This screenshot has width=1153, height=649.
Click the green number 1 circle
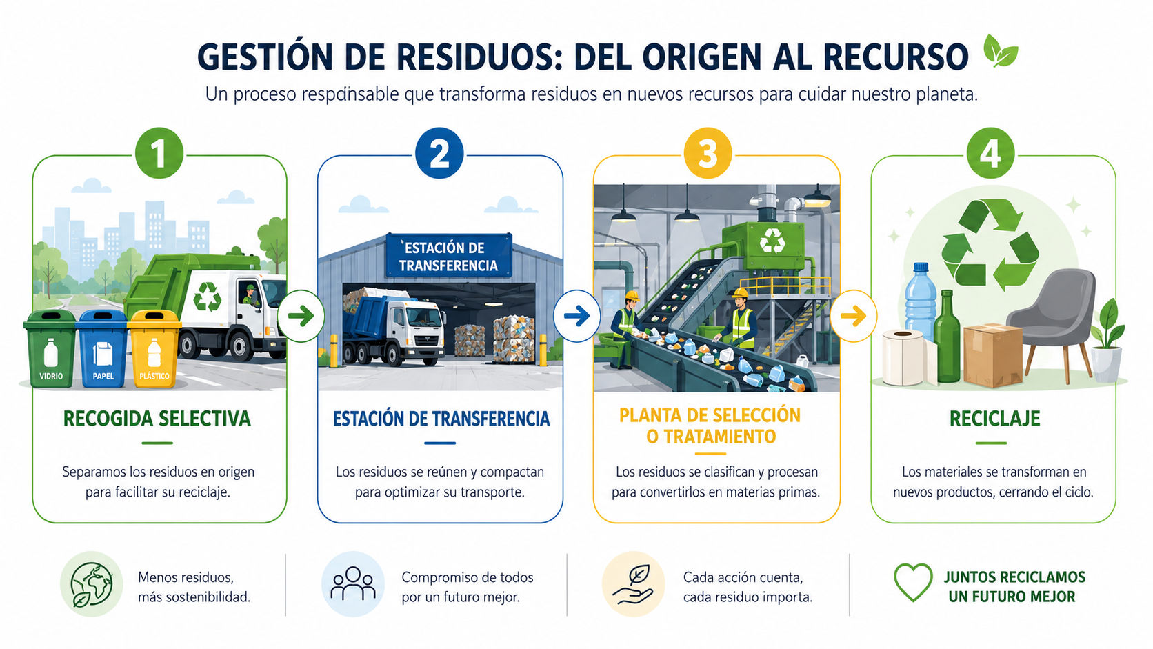[x=159, y=153]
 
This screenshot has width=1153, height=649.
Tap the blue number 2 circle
[x=439, y=153]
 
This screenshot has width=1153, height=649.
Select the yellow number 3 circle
[x=708, y=153]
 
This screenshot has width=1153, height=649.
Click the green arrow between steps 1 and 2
[x=301, y=316]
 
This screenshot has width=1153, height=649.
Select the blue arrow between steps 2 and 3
[x=577, y=316]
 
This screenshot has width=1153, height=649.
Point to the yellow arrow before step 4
[x=854, y=316]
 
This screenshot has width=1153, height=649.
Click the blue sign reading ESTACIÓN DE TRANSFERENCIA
[x=449, y=256]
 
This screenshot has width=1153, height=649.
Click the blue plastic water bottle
[x=921, y=303]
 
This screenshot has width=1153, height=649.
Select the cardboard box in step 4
[x=993, y=355]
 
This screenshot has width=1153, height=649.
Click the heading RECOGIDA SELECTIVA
[x=157, y=419]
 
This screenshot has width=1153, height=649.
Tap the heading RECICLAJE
[x=994, y=419]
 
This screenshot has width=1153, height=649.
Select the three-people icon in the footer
[x=353, y=583]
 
